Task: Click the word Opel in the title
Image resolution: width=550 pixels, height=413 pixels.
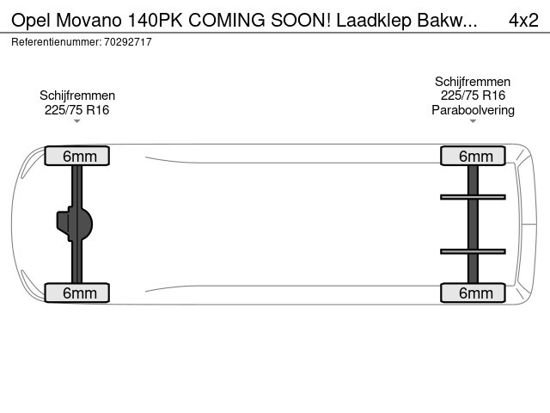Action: coord(31,21)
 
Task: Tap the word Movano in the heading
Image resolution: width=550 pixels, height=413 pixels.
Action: coord(89,21)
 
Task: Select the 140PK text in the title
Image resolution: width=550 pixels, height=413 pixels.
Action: coord(155,21)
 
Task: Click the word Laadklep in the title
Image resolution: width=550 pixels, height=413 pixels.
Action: coord(374,21)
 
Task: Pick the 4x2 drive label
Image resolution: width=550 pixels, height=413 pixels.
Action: coord(523,21)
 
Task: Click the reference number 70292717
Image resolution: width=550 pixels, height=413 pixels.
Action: coord(128,42)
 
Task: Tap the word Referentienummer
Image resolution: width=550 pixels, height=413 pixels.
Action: coord(57,42)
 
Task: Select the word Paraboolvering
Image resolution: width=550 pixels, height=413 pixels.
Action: coord(473,110)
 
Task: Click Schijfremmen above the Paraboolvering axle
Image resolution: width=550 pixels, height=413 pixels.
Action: coord(473,82)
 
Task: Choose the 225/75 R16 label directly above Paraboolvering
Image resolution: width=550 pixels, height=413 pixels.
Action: coord(473,96)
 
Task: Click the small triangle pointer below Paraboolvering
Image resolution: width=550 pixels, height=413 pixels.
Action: coord(473,121)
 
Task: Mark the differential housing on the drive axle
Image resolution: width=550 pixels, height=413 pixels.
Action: coord(75,224)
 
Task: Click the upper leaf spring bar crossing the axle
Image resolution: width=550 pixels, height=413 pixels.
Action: coord(473,197)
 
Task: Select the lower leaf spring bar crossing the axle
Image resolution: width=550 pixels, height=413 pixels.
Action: coord(473,251)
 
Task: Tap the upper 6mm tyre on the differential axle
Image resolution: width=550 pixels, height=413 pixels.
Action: coord(77,156)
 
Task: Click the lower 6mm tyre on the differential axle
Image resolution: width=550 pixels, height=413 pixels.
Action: coord(77,293)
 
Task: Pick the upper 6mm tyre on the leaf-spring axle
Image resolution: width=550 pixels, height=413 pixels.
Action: coord(473,156)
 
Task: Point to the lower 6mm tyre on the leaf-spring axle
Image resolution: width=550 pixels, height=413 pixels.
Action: coord(473,293)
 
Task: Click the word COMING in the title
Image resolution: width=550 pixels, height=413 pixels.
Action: coord(227,21)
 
